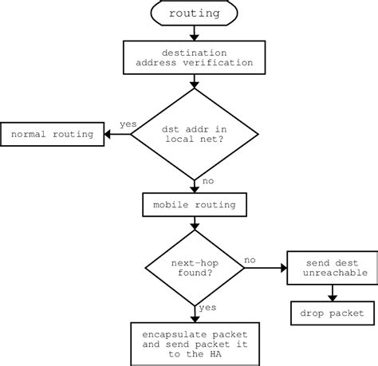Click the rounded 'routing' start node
[x=194, y=13]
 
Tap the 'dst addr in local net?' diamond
[x=194, y=134]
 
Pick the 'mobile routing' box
[x=194, y=205]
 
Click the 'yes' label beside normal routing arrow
[x=128, y=125]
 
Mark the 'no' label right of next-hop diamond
[x=250, y=259]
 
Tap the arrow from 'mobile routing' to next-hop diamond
[x=194, y=226]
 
